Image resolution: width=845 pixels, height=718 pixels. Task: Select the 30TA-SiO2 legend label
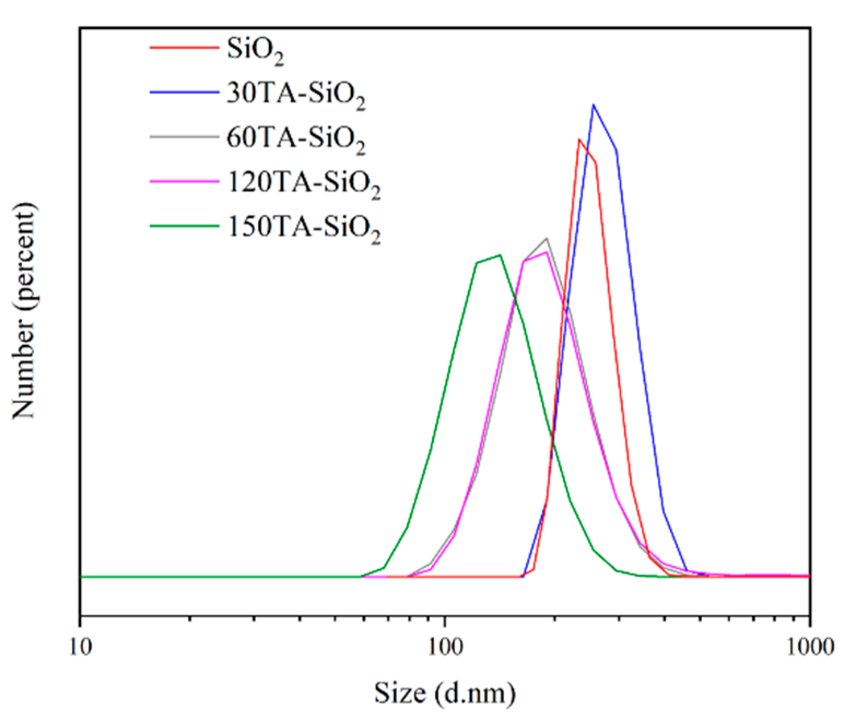click(296, 95)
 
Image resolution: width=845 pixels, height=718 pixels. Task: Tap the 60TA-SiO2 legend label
click(296, 139)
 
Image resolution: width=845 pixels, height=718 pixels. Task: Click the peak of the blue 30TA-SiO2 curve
click(593, 105)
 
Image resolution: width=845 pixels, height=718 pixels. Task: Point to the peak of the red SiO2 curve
click(579, 139)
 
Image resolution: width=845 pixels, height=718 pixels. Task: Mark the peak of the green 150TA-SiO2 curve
click(500, 255)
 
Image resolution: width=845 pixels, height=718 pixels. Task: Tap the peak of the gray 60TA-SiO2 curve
click(546, 238)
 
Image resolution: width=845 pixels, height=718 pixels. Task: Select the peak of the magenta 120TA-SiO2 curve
click(545, 252)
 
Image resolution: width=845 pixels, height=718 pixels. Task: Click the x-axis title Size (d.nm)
click(444, 693)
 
